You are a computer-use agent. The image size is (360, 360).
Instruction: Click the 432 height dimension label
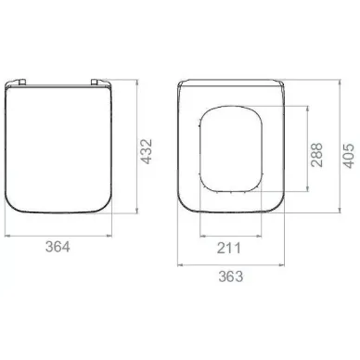147,151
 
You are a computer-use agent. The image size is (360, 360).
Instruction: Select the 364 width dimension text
58,247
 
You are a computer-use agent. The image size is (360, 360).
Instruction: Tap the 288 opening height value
317,155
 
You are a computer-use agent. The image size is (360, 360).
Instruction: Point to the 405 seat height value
349,156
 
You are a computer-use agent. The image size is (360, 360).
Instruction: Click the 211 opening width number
229,248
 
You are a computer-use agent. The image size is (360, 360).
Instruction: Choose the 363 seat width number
231,276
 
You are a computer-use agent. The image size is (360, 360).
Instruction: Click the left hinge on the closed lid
21,82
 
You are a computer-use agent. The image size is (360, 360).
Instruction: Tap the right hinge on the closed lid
95,82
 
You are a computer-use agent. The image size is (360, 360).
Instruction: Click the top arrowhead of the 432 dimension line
137,83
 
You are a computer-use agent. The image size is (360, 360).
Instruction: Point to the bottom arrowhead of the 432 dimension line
137,211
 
